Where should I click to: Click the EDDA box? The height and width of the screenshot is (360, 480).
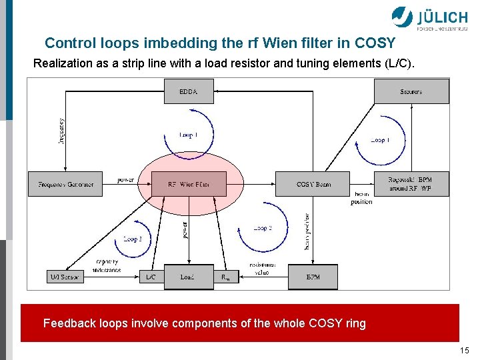point(189,91)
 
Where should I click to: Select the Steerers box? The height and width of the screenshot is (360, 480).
point(411,91)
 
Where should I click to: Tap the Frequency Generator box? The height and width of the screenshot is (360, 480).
point(62,183)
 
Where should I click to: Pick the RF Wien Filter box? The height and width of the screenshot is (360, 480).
point(188,183)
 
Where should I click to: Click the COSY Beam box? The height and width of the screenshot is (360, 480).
point(313,183)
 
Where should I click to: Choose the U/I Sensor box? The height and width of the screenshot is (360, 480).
point(65,277)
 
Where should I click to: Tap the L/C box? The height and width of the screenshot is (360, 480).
point(151,277)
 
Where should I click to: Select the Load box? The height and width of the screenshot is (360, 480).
point(188,277)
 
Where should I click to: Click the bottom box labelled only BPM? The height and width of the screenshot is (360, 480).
point(313,277)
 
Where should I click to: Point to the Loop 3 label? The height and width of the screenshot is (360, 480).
point(133,239)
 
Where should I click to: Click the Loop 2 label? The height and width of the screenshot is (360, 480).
point(262,228)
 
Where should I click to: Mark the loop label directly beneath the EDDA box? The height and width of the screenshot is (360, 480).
point(189,135)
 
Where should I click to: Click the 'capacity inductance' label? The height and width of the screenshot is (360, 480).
point(107,265)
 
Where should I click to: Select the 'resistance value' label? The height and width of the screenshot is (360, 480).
point(262,268)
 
